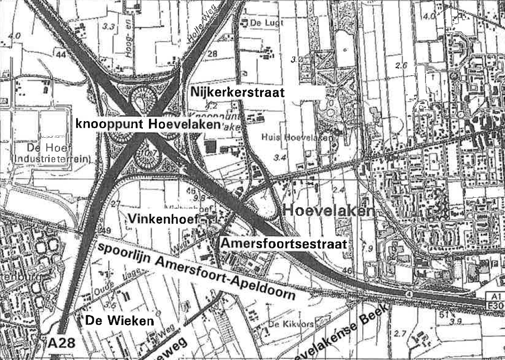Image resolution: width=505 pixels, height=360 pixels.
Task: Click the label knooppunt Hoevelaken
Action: point(148,124)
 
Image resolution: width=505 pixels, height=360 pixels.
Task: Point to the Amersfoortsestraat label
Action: point(284,245)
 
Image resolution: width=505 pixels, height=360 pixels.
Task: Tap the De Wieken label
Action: point(120,321)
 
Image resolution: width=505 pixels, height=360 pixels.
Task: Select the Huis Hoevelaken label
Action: point(296,137)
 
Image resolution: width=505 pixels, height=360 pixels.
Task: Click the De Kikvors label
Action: point(285,324)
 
